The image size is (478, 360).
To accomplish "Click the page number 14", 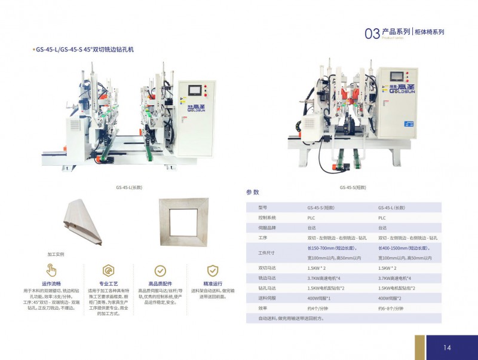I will [x=447, y=347].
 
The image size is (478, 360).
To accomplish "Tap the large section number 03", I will [x=372, y=33].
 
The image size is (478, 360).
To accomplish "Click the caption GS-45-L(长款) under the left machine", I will [x=128, y=187].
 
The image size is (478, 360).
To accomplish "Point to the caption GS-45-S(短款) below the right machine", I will [x=353, y=187].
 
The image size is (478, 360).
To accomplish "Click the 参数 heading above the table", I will [x=253, y=193].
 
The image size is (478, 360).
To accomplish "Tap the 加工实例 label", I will [x=56, y=254].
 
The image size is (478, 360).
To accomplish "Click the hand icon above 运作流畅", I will [x=51, y=270].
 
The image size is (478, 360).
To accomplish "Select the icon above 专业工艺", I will [x=108, y=270].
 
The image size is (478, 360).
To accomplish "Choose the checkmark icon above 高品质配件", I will [x=160, y=270].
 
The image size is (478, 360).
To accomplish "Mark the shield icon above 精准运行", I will [x=212, y=270].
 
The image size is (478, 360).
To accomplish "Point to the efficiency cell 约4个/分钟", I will [x=318, y=308].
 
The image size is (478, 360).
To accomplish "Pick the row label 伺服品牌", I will [x=266, y=228].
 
